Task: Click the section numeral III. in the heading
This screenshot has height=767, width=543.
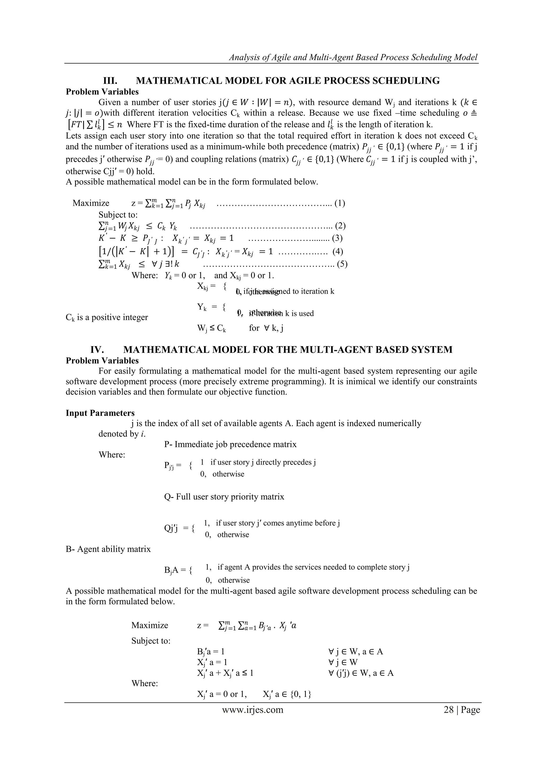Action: click(x=110, y=81)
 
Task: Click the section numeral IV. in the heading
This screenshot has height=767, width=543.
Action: click(x=97, y=350)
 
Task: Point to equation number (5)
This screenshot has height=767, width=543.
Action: click(x=342, y=264)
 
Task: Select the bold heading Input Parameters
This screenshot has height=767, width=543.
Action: click(x=100, y=413)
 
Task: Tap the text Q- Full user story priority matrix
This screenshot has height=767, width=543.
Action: click(x=224, y=497)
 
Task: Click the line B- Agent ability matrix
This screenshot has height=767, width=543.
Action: click(x=108, y=549)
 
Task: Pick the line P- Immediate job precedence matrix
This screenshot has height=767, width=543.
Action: click(x=230, y=444)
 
